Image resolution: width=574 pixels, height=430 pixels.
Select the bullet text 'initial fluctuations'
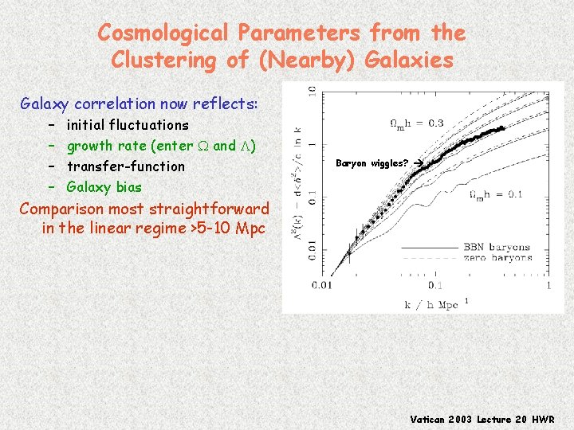(x=128, y=125)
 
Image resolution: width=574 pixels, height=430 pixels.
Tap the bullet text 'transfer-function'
(x=125, y=166)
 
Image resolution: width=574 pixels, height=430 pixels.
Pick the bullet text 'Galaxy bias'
(x=104, y=187)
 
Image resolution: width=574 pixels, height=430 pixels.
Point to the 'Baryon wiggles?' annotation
(x=372, y=163)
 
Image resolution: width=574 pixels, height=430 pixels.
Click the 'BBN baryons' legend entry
(x=499, y=247)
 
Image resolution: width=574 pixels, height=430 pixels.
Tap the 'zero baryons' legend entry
(x=499, y=257)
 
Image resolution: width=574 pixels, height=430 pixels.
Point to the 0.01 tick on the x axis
(x=323, y=284)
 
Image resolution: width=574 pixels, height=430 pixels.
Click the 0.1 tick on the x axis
(x=435, y=284)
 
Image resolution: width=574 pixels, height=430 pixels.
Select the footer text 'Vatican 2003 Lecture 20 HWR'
(x=482, y=419)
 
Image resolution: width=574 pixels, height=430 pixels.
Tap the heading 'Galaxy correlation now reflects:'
(x=139, y=104)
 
